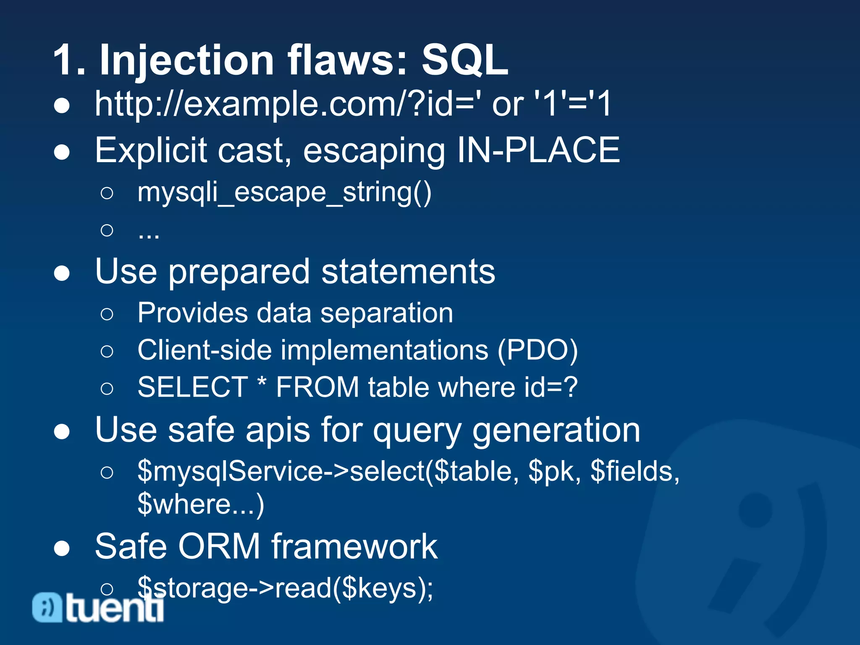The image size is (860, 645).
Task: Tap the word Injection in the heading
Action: (x=186, y=61)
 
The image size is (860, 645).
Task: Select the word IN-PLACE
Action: (x=538, y=150)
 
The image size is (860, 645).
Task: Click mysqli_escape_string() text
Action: (x=284, y=193)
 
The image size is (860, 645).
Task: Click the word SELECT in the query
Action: (x=193, y=387)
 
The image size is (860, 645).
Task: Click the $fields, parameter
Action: (x=635, y=472)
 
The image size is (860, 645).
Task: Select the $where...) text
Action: (x=201, y=504)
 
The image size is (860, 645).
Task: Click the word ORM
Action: (x=219, y=547)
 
